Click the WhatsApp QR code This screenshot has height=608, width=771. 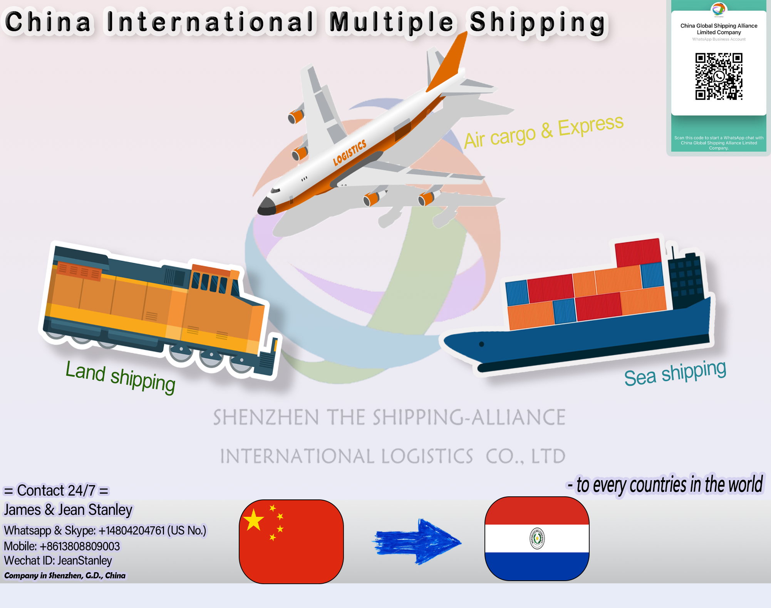click(719, 77)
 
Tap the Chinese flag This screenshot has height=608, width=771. click(291, 541)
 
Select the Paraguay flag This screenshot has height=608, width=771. click(537, 538)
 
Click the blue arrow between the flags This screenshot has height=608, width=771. click(418, 541)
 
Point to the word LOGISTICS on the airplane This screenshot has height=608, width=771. click(349, 152)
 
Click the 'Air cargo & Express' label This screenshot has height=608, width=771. click(543, 131)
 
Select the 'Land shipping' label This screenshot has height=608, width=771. click(120, 377)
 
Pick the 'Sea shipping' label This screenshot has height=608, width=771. click(675, 373)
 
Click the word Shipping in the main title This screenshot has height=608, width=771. click(537, 22)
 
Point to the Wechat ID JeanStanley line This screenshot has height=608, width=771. click(58, 561)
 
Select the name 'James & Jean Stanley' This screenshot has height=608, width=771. click(68, 510)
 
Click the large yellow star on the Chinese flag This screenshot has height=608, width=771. click(254, 520)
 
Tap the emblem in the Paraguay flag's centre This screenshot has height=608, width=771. click(537, 538)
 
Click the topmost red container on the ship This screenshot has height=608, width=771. click(638, 252)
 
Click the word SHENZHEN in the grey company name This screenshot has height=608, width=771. click(266, 417)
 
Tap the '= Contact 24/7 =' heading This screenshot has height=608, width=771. click(56, 491)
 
